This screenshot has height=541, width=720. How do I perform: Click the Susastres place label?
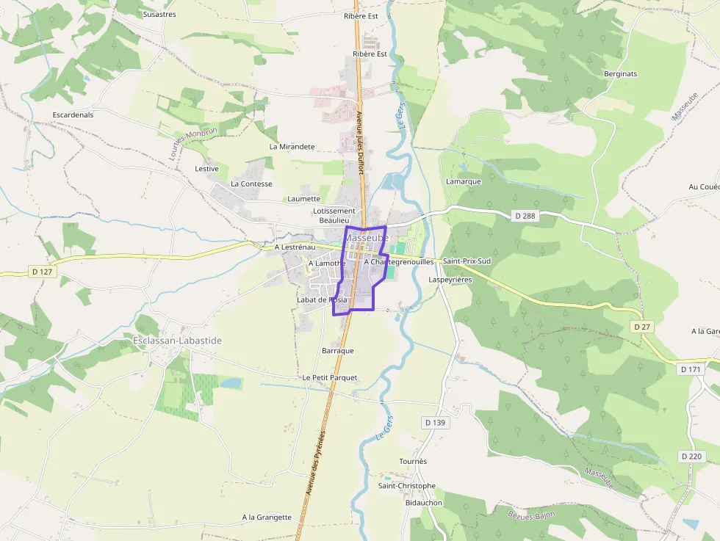click(159, 14)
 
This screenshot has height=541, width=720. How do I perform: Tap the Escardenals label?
click(73, 115)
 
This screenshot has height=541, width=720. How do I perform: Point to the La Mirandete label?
click(292, 147)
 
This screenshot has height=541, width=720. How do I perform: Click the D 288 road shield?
click(525, 216)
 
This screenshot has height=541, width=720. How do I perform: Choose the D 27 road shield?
click(641, 326)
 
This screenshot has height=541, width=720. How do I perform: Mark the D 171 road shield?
click(691, 369)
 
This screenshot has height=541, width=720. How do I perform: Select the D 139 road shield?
click(435, 423)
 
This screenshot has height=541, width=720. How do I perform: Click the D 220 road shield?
click(691, 457)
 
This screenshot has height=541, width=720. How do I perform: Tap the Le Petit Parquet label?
click(329, 377)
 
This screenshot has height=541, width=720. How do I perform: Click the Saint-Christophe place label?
click(406, 486)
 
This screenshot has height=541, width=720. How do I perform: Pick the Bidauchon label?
click(424, 503)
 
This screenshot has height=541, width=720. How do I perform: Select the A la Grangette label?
click(267, 518)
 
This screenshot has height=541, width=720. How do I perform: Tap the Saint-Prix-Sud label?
click(467, 261)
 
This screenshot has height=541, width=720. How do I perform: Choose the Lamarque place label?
click(463, 181)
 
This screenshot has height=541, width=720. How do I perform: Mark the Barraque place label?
click(337, 351)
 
